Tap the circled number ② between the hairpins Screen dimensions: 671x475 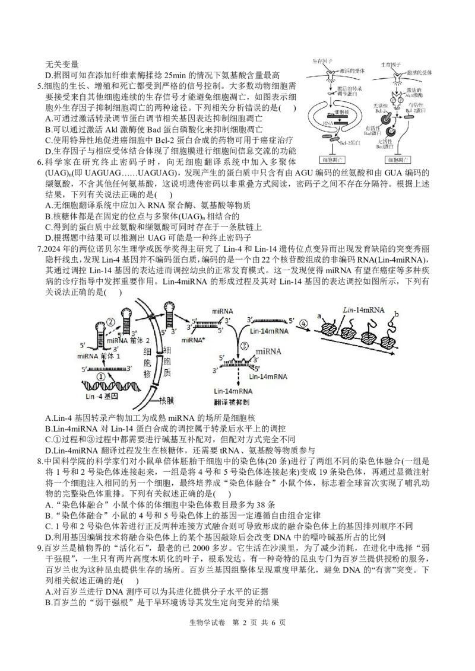click(110, 323)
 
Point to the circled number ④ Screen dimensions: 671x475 click(304, 324)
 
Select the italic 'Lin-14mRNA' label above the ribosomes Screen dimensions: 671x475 click(363, 311)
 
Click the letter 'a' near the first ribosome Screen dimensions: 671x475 click(319, 317)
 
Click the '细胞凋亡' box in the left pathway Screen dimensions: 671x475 click(330, 159)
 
